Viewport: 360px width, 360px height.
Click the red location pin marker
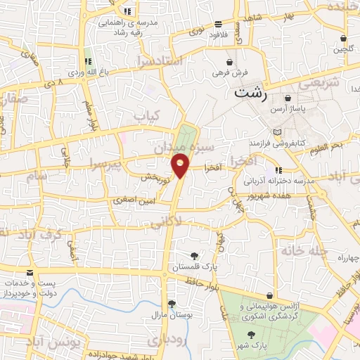181,167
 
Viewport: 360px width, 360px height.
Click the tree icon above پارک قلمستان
195,255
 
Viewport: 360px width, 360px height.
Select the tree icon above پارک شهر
252,335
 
